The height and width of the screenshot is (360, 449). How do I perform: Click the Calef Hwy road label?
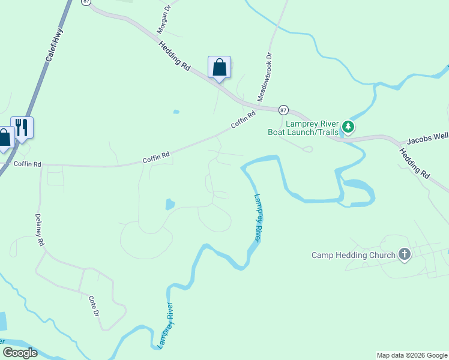click(x=53, y=45)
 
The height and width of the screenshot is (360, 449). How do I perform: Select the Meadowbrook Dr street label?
click(x=265, y=76)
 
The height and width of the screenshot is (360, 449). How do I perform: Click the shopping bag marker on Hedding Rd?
click(x=219, y=67)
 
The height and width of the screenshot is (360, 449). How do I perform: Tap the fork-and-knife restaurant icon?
click(x=22, y=127)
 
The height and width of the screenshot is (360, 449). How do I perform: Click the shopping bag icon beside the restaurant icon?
click(x=5, y=138)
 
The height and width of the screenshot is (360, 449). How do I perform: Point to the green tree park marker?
click(x=348, y=127)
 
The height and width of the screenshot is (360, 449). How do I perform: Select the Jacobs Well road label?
click(x=427, y=139)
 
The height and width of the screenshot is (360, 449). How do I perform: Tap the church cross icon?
click(x=405, y=254)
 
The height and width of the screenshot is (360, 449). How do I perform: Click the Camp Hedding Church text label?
click(x=353, y=255)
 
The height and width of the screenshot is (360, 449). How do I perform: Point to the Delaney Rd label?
click(x=40, y=230)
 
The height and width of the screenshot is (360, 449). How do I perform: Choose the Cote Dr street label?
click(x=94, y=306)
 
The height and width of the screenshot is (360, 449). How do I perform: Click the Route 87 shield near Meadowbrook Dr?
click(x=284, y=110)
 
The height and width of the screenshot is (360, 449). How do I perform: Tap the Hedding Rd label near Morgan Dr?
click(x=174, y=56)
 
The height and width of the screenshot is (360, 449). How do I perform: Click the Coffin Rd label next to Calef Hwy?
click(x=27, y=164)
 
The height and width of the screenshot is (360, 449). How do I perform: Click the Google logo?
click(x=20, y=353)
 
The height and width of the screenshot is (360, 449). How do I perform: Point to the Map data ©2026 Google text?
click(x=412, y=355)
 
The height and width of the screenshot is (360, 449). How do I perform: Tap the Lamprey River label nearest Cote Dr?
click(x=165, y=326)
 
